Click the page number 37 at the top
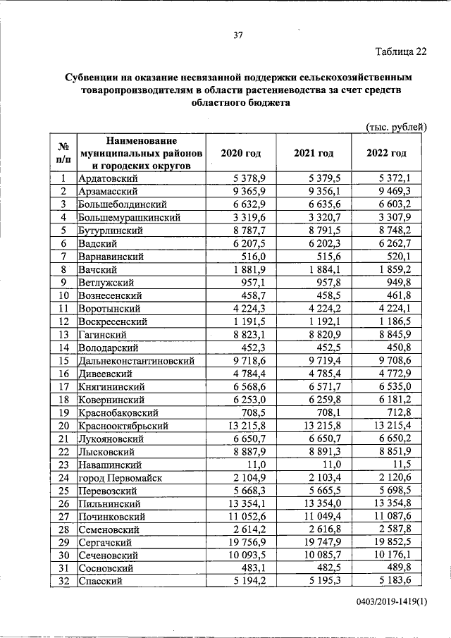(238, 37)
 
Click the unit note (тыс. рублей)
(397, 127)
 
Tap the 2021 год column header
(314, 153)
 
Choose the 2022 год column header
(387, 153)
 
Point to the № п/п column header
(63, 153)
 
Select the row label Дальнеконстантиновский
(135, 360)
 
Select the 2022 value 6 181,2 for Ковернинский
(402, 400)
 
